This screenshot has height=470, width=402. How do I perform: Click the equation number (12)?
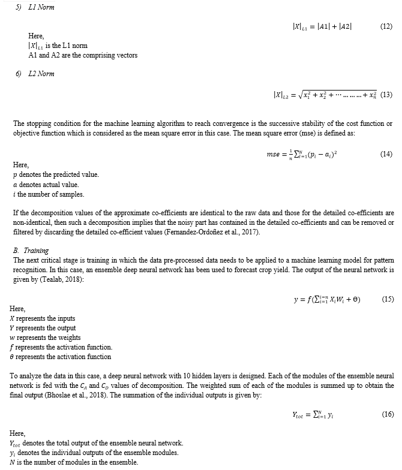coord(386,28)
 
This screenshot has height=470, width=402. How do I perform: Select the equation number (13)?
coord(386,95)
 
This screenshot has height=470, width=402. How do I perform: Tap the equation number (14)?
coord(386,154)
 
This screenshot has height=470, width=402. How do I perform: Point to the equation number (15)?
coord(387,299)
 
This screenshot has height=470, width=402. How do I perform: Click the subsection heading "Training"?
coord(36,251)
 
